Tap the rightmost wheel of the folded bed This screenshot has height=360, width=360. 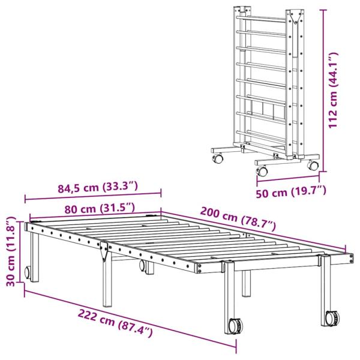313,166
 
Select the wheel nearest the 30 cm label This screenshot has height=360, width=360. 28,274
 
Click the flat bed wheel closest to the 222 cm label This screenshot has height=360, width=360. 234,326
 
